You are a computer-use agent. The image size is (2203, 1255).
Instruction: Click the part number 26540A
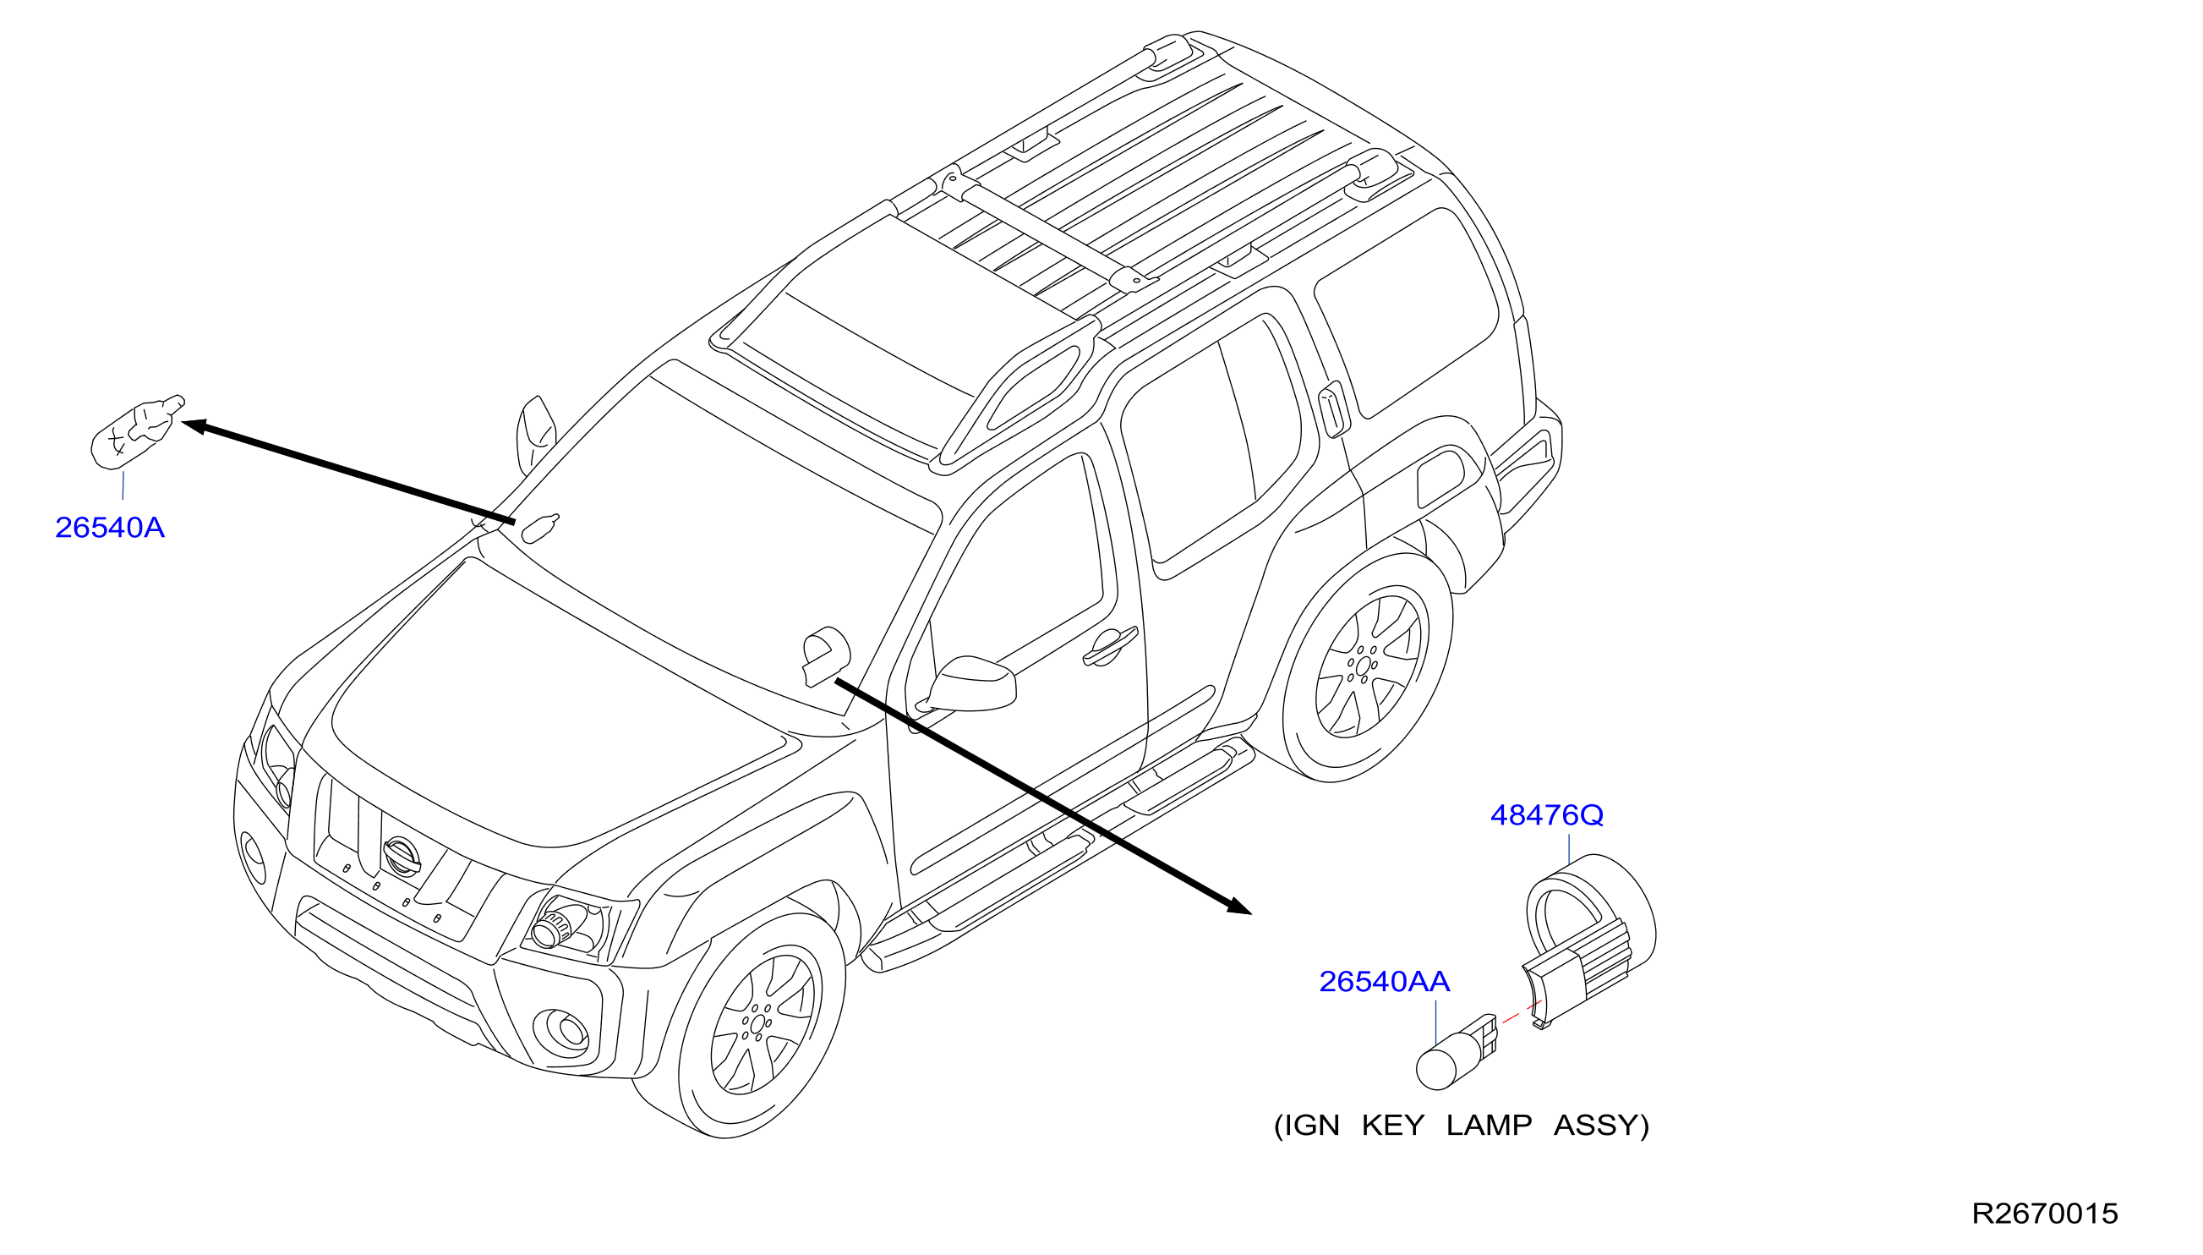click(109, 528)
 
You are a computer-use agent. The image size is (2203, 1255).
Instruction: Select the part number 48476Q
click(1546, 814)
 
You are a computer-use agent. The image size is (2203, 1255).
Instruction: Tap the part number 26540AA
click(1385, 981)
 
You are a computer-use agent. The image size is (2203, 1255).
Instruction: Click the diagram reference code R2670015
click(2044, 1214)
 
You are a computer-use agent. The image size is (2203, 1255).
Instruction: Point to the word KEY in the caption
click(1392, 1125)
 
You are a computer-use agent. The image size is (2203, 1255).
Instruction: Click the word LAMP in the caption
click(1489, 1125)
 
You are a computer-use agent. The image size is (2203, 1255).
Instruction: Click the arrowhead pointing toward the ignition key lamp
click(1238, 906)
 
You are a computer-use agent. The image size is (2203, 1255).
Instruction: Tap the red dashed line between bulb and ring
click(1522, 1012)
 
